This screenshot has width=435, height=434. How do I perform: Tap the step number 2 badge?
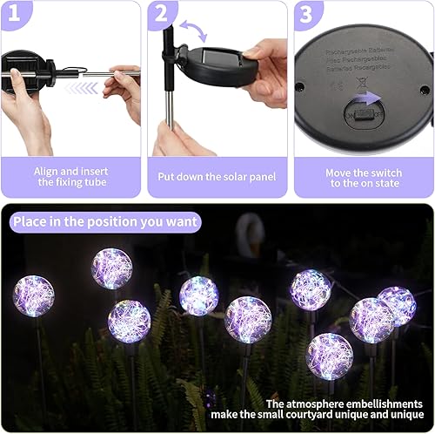[162, 13]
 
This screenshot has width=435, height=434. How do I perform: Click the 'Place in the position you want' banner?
[105, 221]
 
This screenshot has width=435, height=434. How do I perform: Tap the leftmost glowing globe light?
[33, 295]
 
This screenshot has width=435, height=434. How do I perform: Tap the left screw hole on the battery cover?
[299, 86]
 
